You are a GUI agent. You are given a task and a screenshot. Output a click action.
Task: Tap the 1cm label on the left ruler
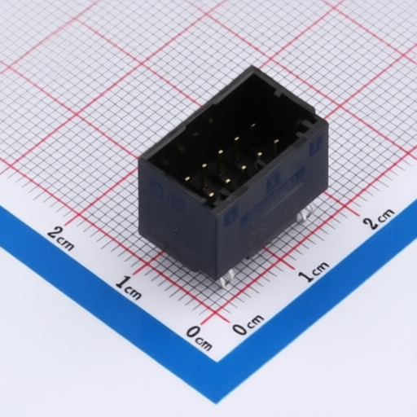click(129, 288)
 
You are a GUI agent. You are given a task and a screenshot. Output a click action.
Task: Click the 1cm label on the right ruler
click(314, 271)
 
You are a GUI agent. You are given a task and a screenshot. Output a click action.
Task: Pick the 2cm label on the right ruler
click(379, 218)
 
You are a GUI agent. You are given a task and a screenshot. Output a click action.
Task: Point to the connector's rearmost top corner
click(252, 68)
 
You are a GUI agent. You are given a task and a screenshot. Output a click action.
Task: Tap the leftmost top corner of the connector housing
click(139, 160)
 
